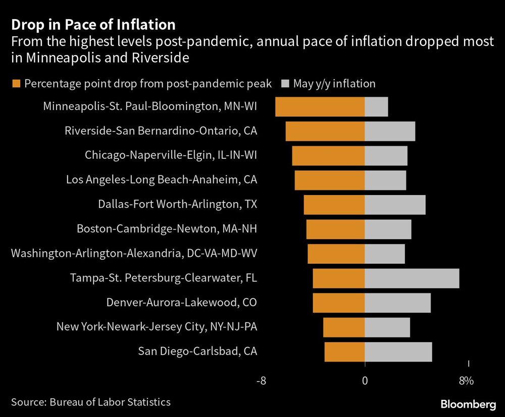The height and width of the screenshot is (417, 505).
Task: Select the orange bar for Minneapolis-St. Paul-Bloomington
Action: [320, 107]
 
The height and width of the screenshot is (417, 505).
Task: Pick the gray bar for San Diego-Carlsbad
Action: [398, 352]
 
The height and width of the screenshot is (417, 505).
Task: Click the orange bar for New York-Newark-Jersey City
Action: [343, 327]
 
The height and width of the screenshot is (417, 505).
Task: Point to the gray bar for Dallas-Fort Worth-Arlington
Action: [395, 205]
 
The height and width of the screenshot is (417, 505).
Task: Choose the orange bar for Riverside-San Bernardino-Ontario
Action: [325, 131]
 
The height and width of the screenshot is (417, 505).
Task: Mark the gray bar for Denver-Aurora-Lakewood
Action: [397, 303]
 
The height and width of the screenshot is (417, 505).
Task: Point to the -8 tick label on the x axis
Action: [261, 381]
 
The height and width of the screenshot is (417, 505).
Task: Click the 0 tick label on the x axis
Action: [365, 381]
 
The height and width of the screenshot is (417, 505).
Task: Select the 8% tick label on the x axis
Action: [466, 381]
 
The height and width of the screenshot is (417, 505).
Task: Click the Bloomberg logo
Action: [468, 404]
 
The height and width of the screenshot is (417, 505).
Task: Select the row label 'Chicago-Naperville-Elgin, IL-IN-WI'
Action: [171, 155]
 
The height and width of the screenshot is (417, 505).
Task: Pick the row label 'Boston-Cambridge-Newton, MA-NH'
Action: [167, 229]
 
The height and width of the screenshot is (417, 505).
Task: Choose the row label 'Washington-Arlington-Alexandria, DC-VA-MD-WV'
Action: [134, 253]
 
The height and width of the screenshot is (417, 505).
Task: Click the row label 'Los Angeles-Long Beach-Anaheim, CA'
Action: [162, 180]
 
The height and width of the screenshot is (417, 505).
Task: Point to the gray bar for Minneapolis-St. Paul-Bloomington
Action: [376, 107]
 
